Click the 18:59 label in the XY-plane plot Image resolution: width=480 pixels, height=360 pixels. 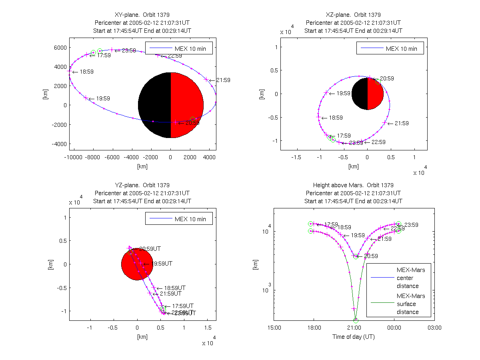pos(86,72)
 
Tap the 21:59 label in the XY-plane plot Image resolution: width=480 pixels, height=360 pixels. pos(223,80)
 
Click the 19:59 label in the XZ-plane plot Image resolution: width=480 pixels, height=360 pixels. pos(343,93)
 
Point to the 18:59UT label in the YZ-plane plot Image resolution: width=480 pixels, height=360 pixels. pos(175,288)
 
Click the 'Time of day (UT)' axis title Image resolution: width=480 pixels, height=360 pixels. pos(354,337)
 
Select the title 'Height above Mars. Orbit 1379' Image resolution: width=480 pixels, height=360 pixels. pos(353,185)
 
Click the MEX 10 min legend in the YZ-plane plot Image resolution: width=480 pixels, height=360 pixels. pos(179,219)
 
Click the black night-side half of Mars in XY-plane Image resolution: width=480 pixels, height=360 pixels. pos(154,105)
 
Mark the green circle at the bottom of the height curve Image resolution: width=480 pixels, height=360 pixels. pos(356,320)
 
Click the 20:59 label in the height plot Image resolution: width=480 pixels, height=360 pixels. pos(370,256)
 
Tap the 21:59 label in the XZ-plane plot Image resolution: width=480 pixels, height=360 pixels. pos(402,123)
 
